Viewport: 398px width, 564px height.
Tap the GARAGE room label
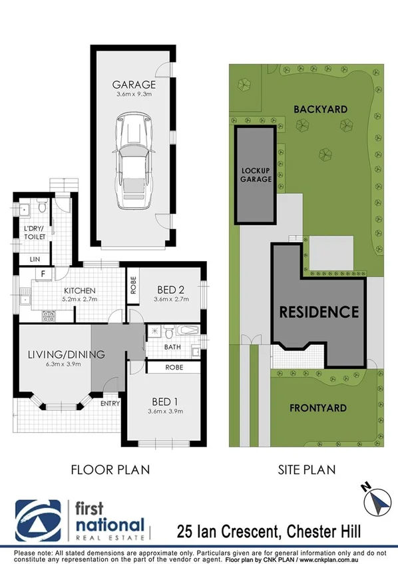pos(134,85)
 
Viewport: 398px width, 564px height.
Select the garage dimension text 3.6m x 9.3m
pos(134,96)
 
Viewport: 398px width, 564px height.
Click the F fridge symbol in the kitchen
pos(43,273)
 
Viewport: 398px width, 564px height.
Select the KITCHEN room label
pos(81,290)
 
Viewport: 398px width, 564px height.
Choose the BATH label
pos(172,347)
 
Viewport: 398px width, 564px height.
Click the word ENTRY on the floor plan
pos(110,404)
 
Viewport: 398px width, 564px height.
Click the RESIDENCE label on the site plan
pos(319,312)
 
